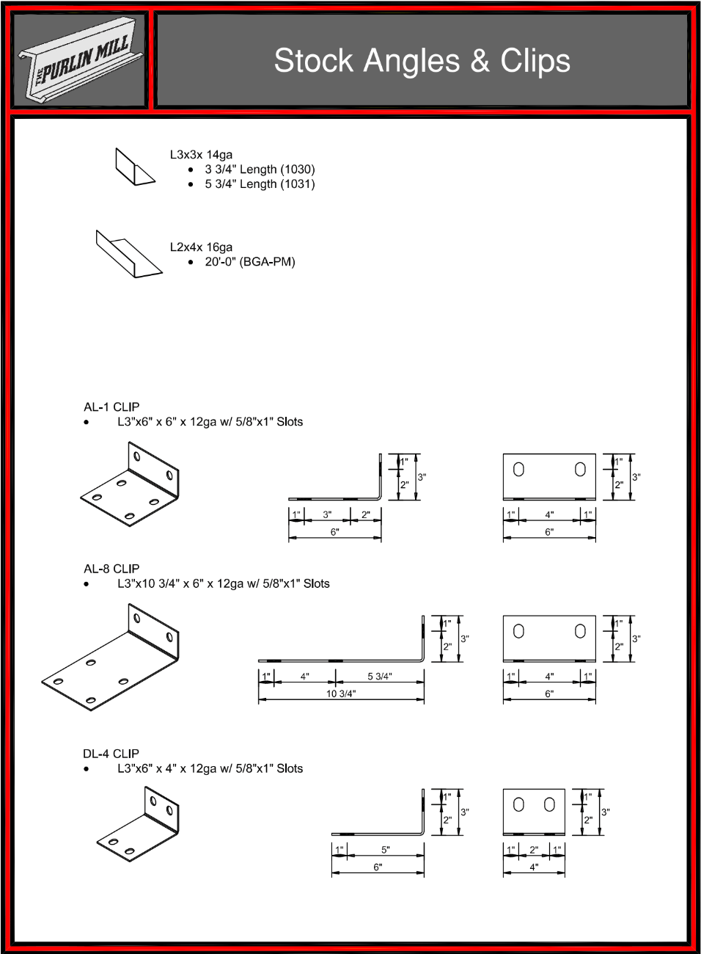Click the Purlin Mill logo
coord(80,59)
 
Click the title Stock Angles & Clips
coord(422,61)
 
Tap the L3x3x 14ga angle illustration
coord(136,167)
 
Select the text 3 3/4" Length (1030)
coord(260,170)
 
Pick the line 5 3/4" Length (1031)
coord(260,184)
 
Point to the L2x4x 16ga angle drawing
coord(129,254)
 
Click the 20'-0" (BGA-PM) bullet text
coord(250,261)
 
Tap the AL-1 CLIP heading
coord(111,407)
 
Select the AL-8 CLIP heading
coord(111,569)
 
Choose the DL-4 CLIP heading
coord(111,754)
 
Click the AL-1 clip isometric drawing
coord(130,484)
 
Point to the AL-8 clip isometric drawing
coord(110,657)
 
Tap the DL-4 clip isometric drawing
coord(138,823)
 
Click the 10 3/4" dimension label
coord(341,693)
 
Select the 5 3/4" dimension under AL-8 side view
coord(380,677)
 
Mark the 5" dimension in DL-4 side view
coord(386,850)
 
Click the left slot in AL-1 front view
coord(518,470)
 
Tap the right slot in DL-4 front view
coord(549,804)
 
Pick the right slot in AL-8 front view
coord(580,631)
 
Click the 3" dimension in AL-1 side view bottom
coord(327,514)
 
